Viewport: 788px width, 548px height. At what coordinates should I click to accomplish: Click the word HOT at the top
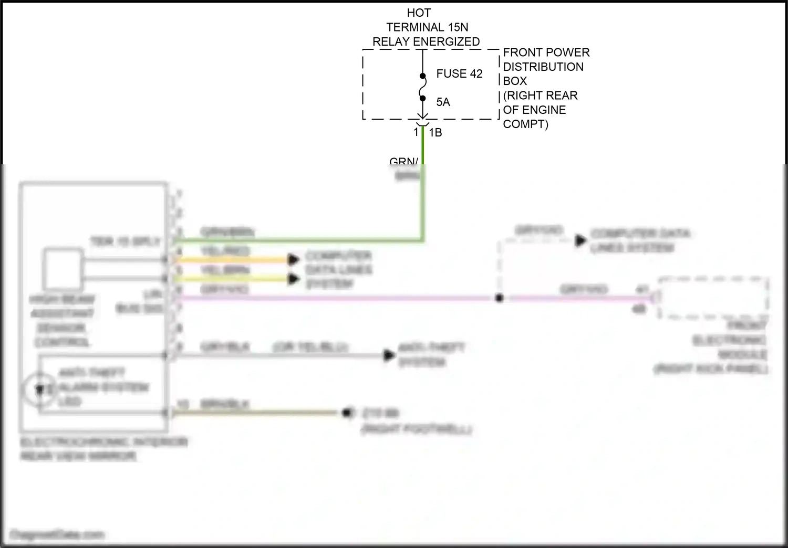pos(419,13)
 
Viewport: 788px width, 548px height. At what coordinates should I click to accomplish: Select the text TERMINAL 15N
pos(427,27)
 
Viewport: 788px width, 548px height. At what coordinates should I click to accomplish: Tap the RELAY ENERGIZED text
pos(426,41)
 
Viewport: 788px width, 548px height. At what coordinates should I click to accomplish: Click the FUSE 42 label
pos(459,74)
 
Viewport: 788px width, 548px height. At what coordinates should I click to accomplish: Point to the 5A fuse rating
pos(443,102)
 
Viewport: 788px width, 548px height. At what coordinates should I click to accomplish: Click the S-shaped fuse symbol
pos(422,87)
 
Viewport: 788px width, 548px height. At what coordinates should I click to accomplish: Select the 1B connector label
pos(436,133)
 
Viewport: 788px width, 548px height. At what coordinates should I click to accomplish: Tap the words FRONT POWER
pos(546,52)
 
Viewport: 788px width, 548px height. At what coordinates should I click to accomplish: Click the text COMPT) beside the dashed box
pos(525,124)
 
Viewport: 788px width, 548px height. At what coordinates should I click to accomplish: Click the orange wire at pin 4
pos(231,259)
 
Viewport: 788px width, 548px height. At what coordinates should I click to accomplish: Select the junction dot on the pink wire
pos(499,298)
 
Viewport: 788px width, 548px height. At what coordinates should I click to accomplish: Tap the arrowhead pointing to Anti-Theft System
pos(389,355)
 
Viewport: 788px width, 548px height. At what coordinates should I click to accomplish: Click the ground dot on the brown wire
pos(347,413)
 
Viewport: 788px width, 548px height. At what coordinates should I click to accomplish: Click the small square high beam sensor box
pos(63,269)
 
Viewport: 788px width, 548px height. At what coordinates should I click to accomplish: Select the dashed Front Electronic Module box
pos(713,297)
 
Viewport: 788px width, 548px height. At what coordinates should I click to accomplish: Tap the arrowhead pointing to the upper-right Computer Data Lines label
pos(580,240)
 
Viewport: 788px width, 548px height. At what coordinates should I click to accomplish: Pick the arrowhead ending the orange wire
pos(294,259)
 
